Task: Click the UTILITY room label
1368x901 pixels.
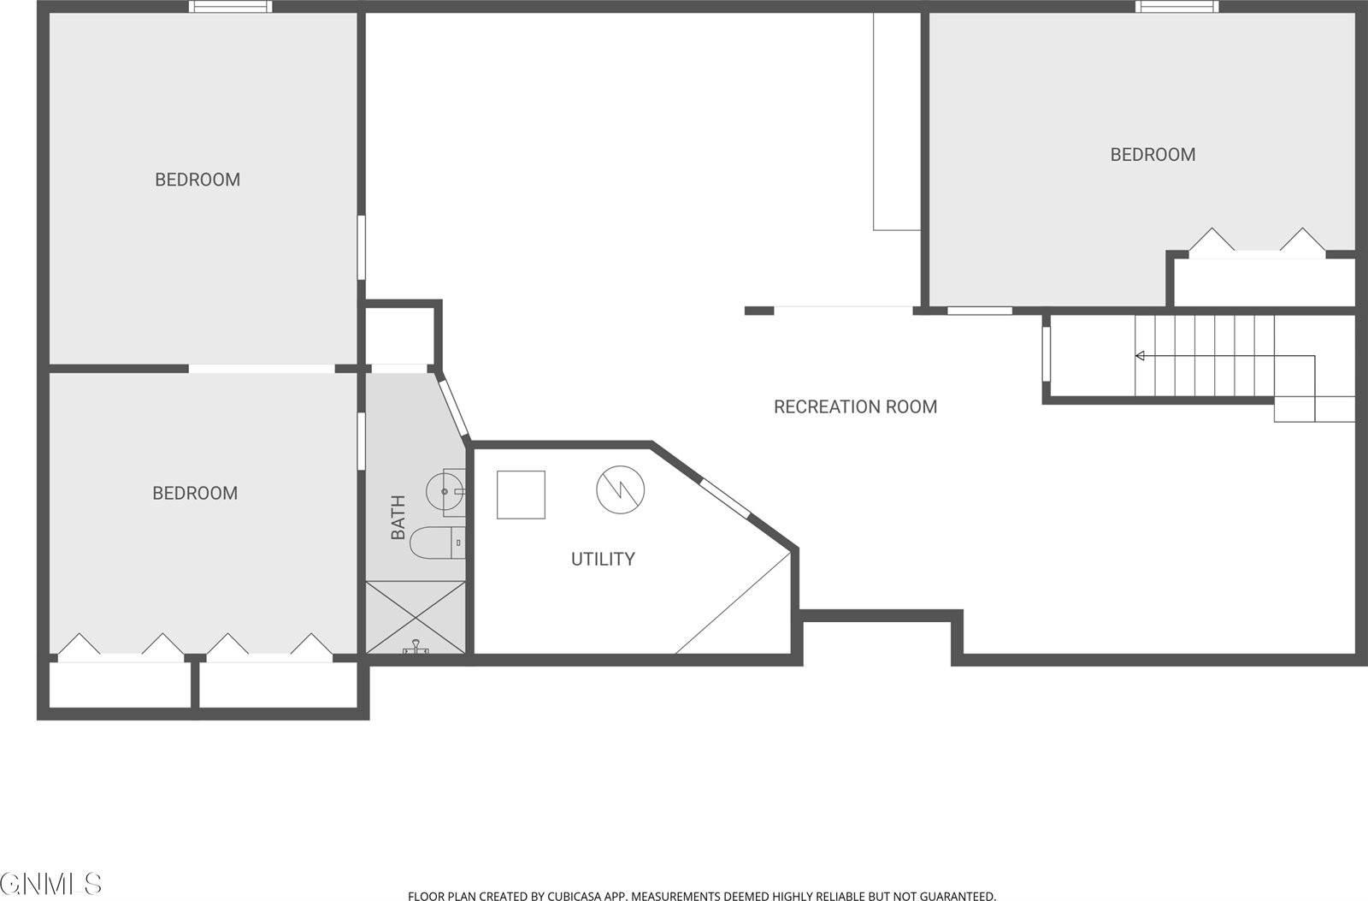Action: click(603, 560)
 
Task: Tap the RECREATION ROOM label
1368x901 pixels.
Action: click(855, 407)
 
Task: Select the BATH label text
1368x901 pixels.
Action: click(398, 518)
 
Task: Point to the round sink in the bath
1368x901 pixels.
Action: click(446, 491)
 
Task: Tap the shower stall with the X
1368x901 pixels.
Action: click(416, 618)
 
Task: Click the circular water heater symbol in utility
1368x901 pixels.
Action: click(621, 490)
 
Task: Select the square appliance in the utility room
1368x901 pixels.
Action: click(521, 495)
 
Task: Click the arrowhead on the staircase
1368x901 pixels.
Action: click(1140, 356)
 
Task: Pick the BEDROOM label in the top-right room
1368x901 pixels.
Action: click(1153, 155)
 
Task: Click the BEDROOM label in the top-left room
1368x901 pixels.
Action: click(198, 180)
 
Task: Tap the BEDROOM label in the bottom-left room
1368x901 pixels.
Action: click(195, 494)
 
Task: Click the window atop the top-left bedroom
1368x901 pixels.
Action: click(231, 7)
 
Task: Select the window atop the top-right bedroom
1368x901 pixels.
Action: click(1177, 7)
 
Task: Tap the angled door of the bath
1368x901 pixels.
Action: click(452, 407)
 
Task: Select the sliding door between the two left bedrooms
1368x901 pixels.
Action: click(261, 369)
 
